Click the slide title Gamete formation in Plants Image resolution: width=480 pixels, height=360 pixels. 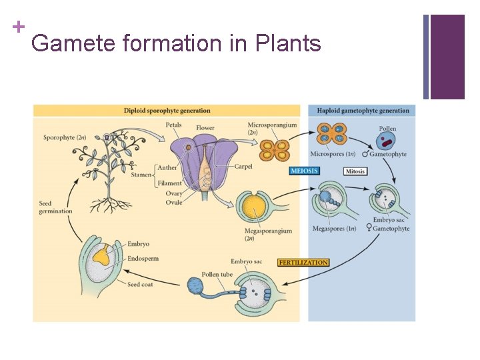(x=176, y=44)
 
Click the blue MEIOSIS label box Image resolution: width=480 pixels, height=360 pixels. (x=305, y=171)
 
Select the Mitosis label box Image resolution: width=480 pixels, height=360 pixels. (x=355, y=171)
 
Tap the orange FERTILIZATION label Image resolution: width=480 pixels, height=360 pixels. (x=303, y=263)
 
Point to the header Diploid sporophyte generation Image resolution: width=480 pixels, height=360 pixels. (x=167, y=111)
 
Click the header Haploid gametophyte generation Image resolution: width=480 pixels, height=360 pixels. (x=363, y=111)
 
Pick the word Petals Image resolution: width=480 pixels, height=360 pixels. (x=173, y=125)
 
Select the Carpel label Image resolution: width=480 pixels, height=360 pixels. (x=243, y=167)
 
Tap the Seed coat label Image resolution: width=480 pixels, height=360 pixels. (x=142, y=284)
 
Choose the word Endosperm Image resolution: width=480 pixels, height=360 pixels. (x=143, y=259)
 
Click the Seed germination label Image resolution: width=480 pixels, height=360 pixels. (x=55, y=207)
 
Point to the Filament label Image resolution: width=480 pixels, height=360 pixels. (x=169, y=183)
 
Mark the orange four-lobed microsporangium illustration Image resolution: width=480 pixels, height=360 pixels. (x=274, y=149)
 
